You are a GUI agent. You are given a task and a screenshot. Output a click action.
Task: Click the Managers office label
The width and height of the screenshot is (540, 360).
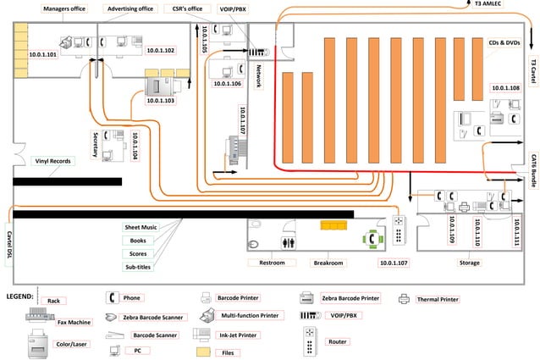[64, 9]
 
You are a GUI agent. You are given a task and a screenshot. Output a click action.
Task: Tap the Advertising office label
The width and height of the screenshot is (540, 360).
[130, 9]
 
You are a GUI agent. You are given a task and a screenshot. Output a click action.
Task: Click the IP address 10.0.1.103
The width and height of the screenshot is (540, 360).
[160, 101]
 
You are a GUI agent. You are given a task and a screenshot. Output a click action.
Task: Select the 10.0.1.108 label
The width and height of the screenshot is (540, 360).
[504, 88]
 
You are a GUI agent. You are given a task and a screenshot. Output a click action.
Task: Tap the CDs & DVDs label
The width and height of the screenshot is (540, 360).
[504, 42]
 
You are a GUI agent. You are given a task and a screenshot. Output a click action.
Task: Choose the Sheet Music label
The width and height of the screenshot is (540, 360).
[141, 228]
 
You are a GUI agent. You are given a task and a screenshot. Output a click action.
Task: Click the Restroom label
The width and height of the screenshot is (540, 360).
[272, 263]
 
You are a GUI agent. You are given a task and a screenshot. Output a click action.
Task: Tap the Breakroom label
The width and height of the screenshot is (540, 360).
[328, 263]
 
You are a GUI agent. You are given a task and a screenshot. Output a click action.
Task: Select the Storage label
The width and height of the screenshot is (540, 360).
[469, 263]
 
